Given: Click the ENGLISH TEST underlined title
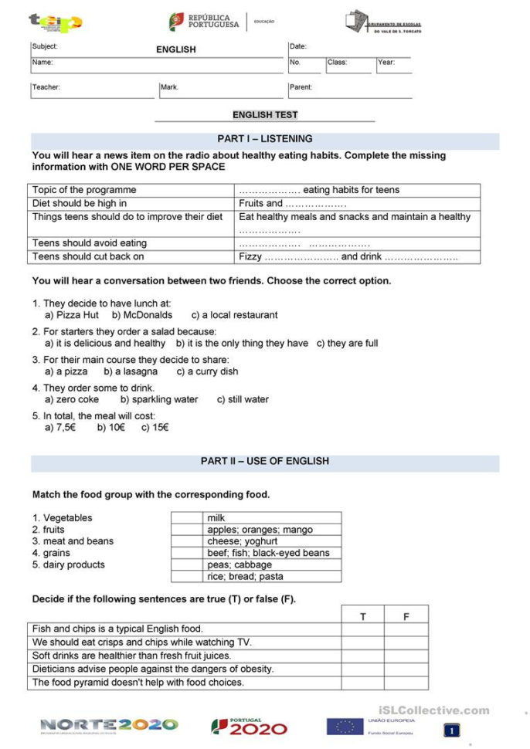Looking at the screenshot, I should click(265, 115).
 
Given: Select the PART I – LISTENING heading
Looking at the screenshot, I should click(265, 139).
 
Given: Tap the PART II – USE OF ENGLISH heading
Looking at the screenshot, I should click(265, 461).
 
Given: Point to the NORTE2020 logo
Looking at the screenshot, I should click(109, 725).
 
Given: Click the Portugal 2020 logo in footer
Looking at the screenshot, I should click(249, 727).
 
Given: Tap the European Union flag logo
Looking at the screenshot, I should click(345, 727).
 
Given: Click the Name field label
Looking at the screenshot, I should click(42, 63).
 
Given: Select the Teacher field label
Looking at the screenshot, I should click(46, 87).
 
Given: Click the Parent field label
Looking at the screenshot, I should click(301, 87).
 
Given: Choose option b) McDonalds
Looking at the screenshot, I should click(142, 315).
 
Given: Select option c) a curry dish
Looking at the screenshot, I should click(207, 371).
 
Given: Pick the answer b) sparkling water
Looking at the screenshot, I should click(159, 400).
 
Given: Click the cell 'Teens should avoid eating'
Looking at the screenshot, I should click(90, 243).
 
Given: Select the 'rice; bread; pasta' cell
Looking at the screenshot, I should click(245, 576).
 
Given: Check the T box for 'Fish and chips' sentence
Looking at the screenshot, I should click(363, 629).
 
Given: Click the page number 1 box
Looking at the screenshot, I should click(452, 730).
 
